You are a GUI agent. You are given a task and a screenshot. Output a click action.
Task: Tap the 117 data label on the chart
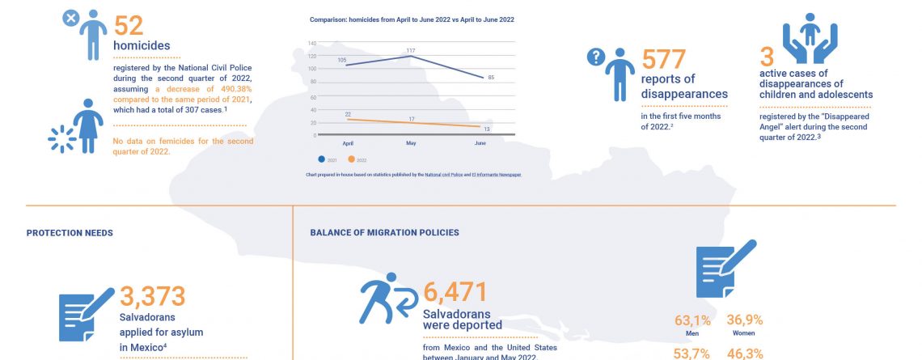(x=411, y=51)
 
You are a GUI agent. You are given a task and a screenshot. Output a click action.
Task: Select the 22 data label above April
(x=348, y=114)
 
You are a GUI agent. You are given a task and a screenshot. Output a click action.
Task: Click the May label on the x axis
(x=411, y=142)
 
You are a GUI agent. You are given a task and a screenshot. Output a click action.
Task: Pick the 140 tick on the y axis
(x=312, y=42)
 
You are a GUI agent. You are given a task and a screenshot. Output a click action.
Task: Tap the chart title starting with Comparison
(x=412, y=19)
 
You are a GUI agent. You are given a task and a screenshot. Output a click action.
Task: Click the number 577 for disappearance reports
(x=663, y=59)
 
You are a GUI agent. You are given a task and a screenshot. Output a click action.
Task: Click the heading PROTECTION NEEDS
(x=70, y=233)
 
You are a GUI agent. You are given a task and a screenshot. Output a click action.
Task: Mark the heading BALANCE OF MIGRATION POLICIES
(x=385, y=233)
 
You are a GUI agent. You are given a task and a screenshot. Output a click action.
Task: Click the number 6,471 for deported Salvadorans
(x=457, y=295)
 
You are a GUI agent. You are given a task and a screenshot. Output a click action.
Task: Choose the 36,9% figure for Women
(x=745, y=320)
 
